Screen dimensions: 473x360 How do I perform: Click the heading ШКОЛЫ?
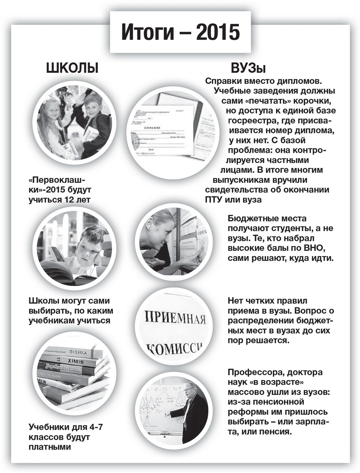pyautogui.click(x=72, y=68)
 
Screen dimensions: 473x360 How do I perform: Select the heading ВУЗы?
pyautogui.click(x=248, y=68)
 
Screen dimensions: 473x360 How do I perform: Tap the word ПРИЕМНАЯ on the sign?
pyautogui.click(x=175, y=318)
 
